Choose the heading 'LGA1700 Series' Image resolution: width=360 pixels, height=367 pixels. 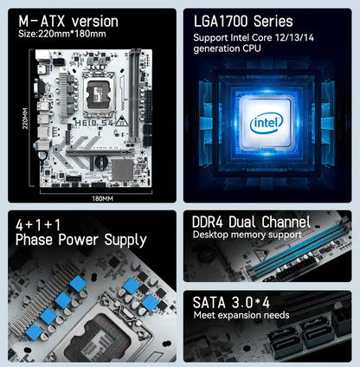(245, 20)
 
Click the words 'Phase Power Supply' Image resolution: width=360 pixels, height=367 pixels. (75, 240)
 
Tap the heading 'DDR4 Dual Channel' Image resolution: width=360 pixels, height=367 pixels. (251, 222)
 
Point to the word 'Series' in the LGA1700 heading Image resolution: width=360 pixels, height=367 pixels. (270, 20)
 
